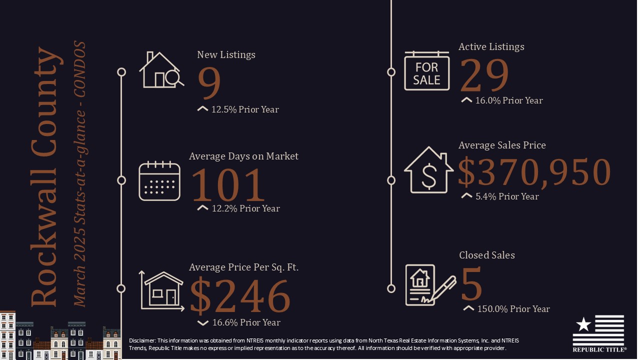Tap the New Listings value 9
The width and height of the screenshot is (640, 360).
pyautogui.click(x=209, y=83)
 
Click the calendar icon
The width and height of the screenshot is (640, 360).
pyautogui.click(x=159, y=180)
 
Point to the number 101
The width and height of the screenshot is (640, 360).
pyautogui.click(x=228, y=185)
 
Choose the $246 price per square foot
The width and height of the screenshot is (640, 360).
pyautogui.click(x=240, y=296)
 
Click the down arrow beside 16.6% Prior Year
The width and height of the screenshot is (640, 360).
pyautogui.click(x=202, y=323)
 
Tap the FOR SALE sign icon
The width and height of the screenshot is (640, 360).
pyautogui.click(x=426, y=71)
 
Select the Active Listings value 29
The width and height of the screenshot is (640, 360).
pyautogui.click(x=483, y=76)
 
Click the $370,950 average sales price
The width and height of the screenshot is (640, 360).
pyautogui.click(x=534, y=172)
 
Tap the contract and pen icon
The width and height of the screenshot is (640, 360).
pyautogui.click(x=429, y=285)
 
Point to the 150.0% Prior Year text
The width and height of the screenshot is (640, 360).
pyautogui.click(x=513, y=309)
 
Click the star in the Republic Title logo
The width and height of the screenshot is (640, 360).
pyautogui.click(x=583, y=324)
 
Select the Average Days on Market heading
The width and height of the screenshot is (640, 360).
pyautogui.click(x=243, y=156)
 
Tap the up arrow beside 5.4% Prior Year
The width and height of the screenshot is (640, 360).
pyautogui.click(x=466, y=196)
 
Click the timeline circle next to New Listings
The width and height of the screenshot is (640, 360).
pyautogui.click(x=121, y=72)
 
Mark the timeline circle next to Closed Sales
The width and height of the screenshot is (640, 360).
pyautogui.click(x=391, y=288)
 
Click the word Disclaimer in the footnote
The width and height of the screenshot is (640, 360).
pyautogui.click(x=141, y=340)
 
